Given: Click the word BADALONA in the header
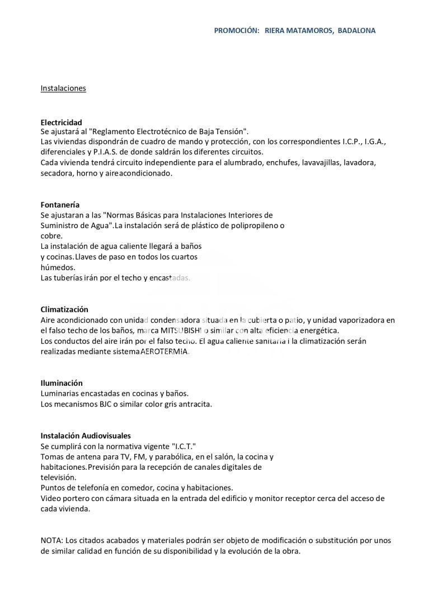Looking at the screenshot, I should click(x=356, y=30).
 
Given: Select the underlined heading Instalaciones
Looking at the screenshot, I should click(x=63, y=88).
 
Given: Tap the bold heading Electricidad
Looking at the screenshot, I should click(x=61, y=122).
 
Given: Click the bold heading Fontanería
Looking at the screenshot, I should click(x=60, y=205).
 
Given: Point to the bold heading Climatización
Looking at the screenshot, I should click(x=64, y=309).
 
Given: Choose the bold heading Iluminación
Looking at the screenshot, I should click(x=62, y=383).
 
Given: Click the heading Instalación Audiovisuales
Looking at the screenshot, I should click(x=86, y=436).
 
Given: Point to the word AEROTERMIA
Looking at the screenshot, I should click(x=165, y=352).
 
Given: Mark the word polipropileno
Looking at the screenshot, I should click(x=251, y=225).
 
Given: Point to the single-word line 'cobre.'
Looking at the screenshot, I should click(x=51, y=236).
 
